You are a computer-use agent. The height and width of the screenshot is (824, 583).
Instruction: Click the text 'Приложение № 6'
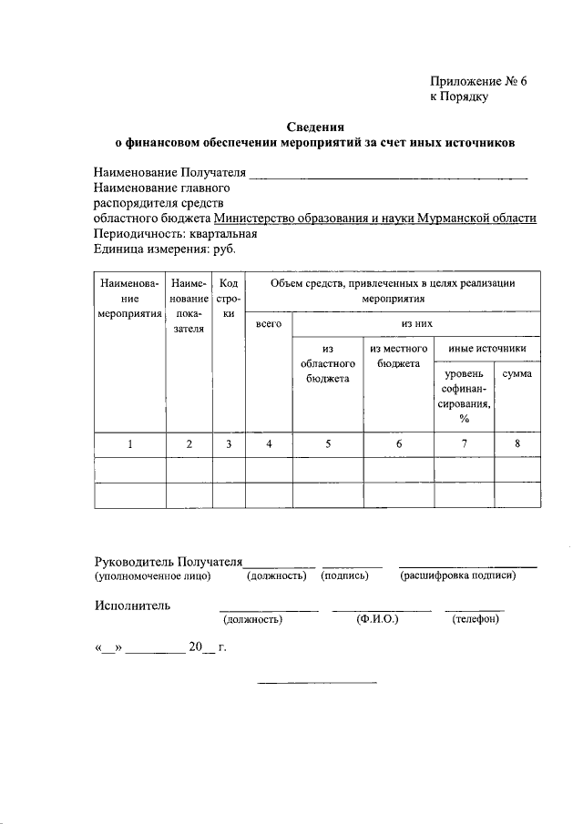[478, 81]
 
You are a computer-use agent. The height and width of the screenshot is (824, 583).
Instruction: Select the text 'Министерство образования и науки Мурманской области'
[375, 219]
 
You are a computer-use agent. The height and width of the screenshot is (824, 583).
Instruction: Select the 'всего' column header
[268, 324]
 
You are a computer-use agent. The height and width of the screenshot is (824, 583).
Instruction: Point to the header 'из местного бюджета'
[398, 356]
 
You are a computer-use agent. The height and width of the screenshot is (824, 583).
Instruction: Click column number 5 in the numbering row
[327, 444]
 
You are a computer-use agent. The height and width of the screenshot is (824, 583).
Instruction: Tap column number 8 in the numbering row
[517, 444]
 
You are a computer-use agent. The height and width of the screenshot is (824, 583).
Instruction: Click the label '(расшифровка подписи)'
[465, 576]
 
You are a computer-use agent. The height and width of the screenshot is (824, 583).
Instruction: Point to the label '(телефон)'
[474, 620]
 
